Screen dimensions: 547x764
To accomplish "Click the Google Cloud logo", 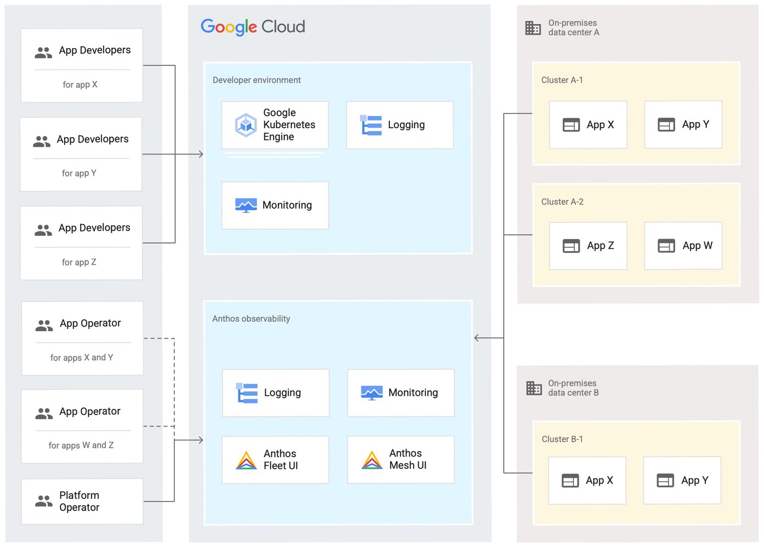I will click(x=252, y=27).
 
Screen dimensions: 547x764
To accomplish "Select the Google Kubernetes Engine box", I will click(x=275, y=125).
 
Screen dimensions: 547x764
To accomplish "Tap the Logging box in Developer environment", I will click(x=399, y=125).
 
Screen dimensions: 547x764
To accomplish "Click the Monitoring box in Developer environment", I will click(x=275, y=206).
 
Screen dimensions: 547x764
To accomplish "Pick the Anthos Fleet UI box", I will click(x=275, y=460).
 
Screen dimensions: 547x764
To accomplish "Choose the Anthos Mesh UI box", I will click(x=400, y=460).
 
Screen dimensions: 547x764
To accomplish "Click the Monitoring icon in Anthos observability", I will click(x=371, y=393).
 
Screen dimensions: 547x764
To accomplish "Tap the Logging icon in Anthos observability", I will click(x=247, y=393).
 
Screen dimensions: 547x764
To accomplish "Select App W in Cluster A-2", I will click(x=683, y=246).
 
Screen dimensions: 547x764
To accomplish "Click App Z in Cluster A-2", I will click(x=587, y=246).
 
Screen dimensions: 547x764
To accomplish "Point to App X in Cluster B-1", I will click(x=587, y=481).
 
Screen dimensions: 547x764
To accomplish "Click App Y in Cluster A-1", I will click(x=683, y=125).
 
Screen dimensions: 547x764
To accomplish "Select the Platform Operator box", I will click(x=82, y=502).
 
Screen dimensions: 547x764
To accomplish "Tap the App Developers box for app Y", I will click(x=81, y=154).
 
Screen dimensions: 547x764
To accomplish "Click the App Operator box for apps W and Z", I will click(x=82, y=426).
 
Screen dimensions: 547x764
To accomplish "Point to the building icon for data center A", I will click(x=533, y=28).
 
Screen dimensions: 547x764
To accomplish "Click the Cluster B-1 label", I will click(x=562, y=440).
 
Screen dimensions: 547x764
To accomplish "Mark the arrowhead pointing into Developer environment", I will click(x=201, y=155).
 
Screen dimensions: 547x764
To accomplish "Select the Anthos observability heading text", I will click(x=251, y=319).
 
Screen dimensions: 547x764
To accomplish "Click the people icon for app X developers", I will click(x=43, y=53).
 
